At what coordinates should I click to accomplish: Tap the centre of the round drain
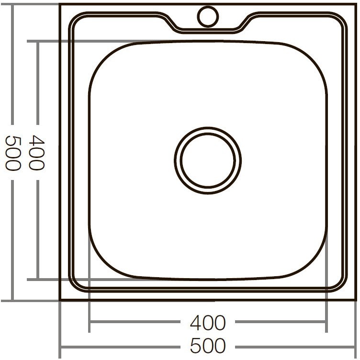(x=208, y=160)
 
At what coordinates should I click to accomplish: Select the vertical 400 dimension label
(x=36, y=153)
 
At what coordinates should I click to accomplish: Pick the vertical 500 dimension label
(x=12, y=153)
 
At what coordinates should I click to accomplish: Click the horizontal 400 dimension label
(x=208, y=323)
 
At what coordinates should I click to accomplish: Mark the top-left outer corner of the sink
(x=60, y=4)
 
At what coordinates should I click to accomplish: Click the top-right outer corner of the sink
(x=356, y=4)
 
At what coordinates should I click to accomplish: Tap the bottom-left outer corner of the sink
(x=60, y=300)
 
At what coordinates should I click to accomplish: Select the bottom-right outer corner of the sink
(x=356, y=300)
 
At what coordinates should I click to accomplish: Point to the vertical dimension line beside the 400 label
(x=37, y=86)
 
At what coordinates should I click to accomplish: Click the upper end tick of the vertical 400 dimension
(x=37, y=41)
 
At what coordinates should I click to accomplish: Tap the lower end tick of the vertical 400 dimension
(x=37, y=279)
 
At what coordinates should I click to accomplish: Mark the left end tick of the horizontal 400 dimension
(x=90, y=323)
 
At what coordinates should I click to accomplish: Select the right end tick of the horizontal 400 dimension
(x=326, y=323)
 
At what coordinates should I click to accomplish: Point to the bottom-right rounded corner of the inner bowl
(x=314, y=266)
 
